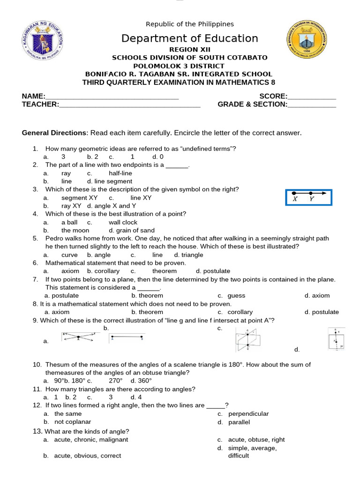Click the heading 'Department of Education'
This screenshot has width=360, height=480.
pos(190,38)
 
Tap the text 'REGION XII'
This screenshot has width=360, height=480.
pos(190,50)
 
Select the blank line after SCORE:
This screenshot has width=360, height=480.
pos(312,96)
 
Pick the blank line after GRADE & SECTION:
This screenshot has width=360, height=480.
pos(312,104)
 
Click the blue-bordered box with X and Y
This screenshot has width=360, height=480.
pos(308,197)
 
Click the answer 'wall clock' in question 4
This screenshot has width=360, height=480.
pos(123,222)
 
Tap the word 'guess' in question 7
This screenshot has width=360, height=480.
pos(236,296)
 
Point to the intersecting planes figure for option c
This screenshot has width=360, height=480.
pos(248,339)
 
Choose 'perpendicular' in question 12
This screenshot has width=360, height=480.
pos(248,414)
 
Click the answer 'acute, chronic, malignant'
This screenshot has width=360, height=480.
pos(91,440)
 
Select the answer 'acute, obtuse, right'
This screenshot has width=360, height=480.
pos(256,440)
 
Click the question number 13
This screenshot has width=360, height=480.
pos(37,431)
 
